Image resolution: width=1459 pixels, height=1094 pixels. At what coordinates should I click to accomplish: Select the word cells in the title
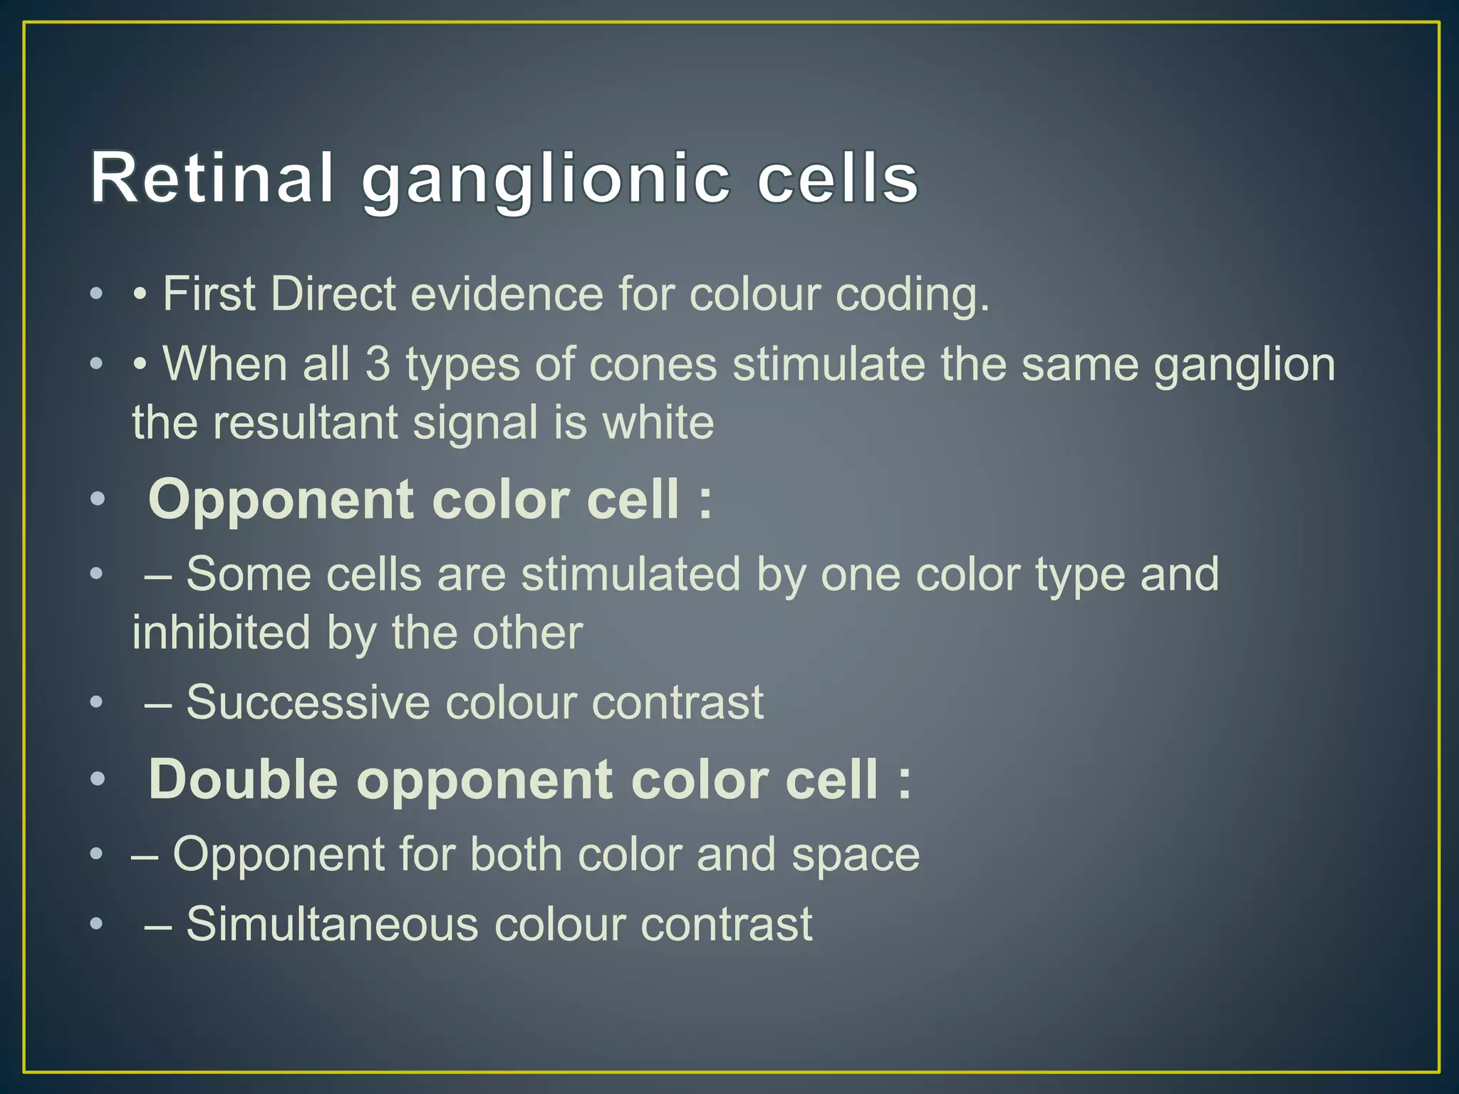[838, 178]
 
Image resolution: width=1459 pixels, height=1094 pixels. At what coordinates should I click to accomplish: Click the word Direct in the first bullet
[333, 293]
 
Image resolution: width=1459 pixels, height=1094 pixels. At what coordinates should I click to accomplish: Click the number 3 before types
[378, 363]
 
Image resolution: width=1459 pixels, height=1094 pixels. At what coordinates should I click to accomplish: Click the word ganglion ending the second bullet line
[1244, 365]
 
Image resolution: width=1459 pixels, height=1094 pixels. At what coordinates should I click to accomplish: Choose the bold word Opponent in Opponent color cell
[281, 500]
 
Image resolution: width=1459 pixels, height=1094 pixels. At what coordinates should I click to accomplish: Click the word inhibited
[221, 632]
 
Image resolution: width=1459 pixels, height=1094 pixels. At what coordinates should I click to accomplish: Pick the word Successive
[308, 702]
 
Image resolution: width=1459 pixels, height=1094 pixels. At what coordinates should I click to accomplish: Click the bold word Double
[243, 779]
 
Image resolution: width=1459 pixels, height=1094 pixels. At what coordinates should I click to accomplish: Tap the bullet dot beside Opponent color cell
[98, 500]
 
